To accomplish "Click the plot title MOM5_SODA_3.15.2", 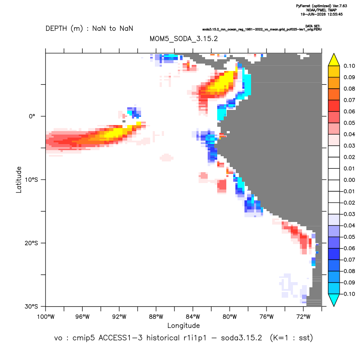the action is [x=183, y=39].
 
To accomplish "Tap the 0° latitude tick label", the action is [x=32, y=116].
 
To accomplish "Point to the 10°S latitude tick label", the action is [x=31, y=180].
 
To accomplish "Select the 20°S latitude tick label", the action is [x=31, y=243].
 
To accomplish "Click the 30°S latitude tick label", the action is [x=31, y=306].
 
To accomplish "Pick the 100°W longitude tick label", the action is [x=46, y=317].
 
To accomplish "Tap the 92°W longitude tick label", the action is [x=119, y=317].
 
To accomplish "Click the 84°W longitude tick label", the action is [x=193, y=317].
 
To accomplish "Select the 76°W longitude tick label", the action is [x=267, y=317].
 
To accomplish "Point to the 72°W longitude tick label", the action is [x=303, y=317].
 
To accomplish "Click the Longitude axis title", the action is [x=183, y=325].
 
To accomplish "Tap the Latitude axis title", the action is [x=19, y=180].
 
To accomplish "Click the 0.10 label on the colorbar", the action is [x=349, y=66].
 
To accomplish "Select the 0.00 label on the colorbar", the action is [x=349, y=180].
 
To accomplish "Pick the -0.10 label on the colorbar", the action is [x=348, y=294].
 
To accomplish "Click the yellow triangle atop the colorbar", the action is [x=334, y=61].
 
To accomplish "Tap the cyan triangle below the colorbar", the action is [x=334, y=299].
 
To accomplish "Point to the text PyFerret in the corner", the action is [x=303, y=6].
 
